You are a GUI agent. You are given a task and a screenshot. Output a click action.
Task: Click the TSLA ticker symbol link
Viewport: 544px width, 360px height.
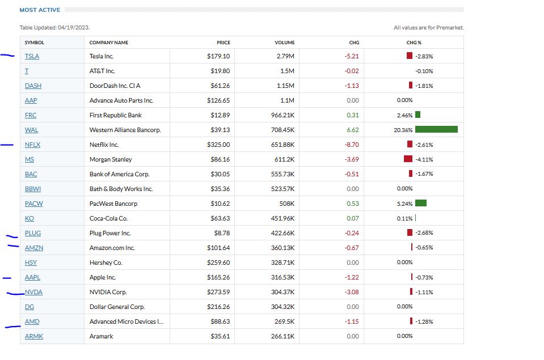pyautogui.click(x=32, y=56)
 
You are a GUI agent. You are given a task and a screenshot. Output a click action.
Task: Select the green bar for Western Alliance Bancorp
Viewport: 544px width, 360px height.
pyautogui.click(x=436, y=130)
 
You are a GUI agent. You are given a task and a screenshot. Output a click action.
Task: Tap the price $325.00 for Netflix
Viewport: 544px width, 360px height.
pyautogui.click(x=218, y=145)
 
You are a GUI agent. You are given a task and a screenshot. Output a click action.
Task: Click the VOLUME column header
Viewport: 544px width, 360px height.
pyautogui.click(x=285, y=43)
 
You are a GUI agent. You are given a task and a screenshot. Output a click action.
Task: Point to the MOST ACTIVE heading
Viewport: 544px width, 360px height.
pyautogui.click(x=40, y=10)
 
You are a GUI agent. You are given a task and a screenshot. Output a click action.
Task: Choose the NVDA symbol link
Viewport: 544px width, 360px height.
pyautogui.click(x=33, y=292)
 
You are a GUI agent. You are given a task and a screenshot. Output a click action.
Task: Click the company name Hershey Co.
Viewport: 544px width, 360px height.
pyautogui.click(x=106, y=262)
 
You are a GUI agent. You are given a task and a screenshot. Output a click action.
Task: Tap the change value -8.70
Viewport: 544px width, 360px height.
pyautogui.click(x=352, y=145)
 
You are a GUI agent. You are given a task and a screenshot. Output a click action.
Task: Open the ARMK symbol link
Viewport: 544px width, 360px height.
pyautogui.click(x=34, y=336)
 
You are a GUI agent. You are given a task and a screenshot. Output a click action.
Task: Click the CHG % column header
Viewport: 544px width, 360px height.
pyautogui.click(x=414, y=43)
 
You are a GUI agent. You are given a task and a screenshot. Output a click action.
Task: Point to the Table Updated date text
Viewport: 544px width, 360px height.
pyautogui.click(x=55, y=27)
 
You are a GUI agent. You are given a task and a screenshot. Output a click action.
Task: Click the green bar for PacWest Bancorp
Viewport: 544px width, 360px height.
pyautogui.click(x=421, y=204)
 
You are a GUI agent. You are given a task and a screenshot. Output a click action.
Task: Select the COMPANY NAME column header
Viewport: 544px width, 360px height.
pyautogui.click(x=109, y=43)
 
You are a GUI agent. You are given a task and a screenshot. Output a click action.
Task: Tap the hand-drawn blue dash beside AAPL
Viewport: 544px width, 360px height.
pyautogui.click(x=7, y=278)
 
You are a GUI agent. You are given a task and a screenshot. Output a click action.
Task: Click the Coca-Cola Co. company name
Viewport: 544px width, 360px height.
pyautogui.click(x=108, y=218)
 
